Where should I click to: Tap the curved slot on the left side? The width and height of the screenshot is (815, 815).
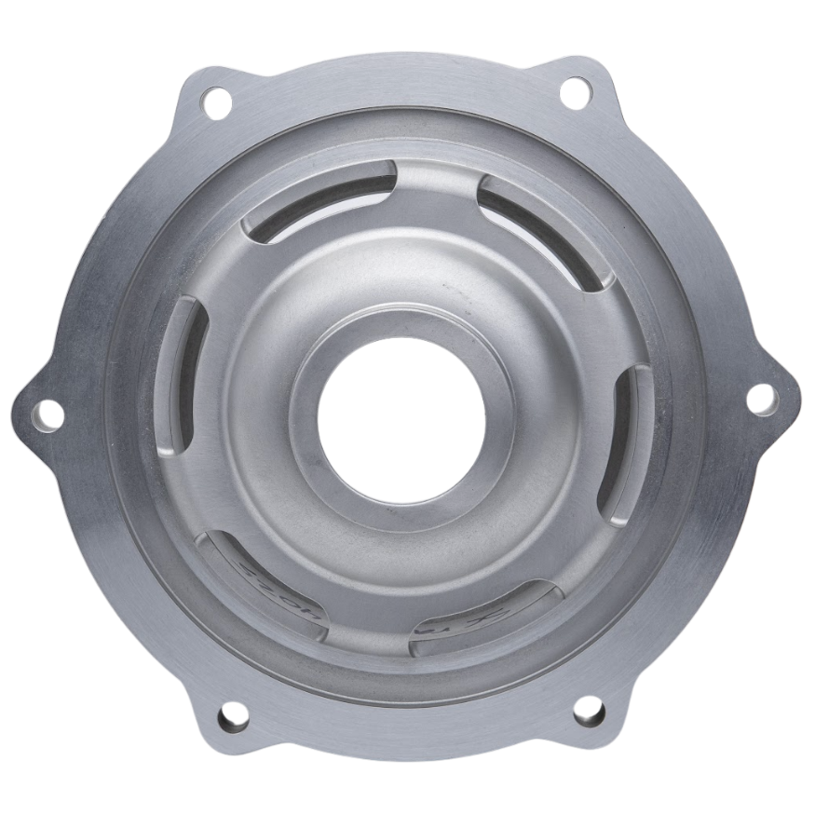click(x=186, y=373)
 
